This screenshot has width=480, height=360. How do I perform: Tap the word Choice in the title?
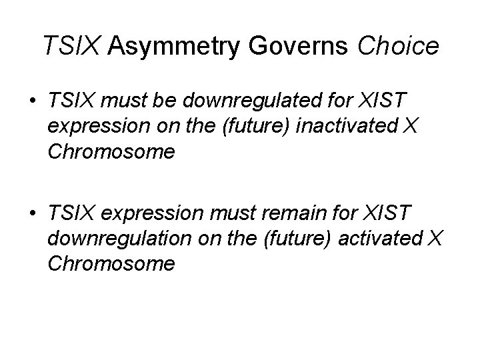click(399, 46)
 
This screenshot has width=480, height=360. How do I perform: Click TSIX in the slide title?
click(72, 46)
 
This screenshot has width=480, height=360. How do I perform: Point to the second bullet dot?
click(31, 215)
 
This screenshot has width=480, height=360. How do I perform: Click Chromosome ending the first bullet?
click(111, 152)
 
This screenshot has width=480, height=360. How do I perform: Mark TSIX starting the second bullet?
click(70, 215)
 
